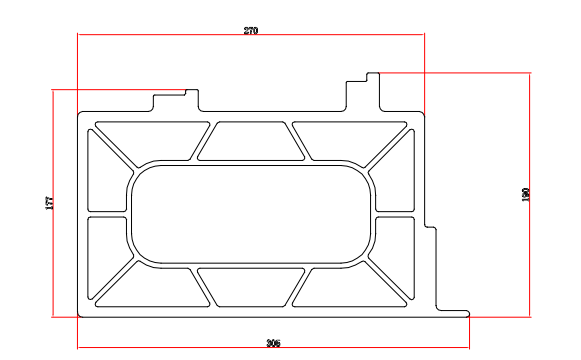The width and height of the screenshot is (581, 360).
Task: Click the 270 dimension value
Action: click(x=251, y=30)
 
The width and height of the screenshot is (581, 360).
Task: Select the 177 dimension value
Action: click(x=50, y=203)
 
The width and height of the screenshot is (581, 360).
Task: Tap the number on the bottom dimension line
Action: click(x=273, y=343)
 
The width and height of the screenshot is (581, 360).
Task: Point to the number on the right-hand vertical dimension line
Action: click(x=525, y=195)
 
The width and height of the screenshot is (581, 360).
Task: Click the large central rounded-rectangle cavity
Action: click(x=251, y=214)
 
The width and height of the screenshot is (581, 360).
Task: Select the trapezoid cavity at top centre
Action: click(x=251, y=141)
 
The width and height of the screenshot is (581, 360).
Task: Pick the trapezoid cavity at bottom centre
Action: click(x=251, y=287)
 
